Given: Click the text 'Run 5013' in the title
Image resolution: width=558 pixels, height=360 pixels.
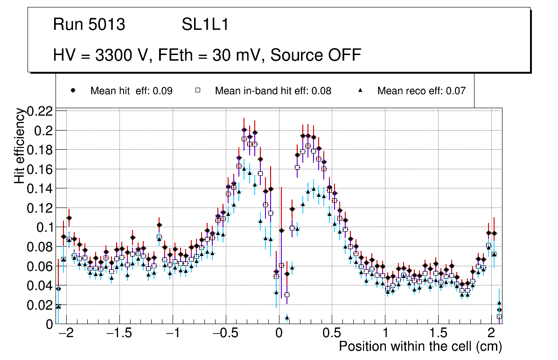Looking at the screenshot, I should point(89,25).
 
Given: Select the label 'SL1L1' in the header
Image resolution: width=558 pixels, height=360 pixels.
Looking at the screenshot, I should point(205,25).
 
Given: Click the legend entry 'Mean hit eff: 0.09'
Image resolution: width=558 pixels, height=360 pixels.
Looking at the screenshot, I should point(131,91).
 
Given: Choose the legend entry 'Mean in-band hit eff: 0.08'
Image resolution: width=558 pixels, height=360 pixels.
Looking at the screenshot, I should point(273,91).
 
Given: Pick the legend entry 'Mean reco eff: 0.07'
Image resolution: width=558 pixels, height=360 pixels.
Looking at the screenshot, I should point(421,91).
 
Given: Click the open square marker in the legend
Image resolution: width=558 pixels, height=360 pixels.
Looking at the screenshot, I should point(198,91).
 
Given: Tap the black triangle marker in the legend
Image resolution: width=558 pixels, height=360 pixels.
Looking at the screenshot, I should point(361,90).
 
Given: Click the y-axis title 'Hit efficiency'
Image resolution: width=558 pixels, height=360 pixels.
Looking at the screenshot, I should point(20,145).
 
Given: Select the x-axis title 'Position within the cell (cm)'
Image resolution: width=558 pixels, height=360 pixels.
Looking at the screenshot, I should point(420,346).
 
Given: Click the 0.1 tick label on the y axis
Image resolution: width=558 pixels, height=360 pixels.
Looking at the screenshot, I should point(45,227).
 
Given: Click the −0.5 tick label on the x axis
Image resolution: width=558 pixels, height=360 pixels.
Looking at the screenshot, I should point(225,334).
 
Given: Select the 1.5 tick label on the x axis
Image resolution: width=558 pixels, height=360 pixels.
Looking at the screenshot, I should point(438,334).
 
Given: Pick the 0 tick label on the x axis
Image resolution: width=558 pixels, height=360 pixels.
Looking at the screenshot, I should point(279,334).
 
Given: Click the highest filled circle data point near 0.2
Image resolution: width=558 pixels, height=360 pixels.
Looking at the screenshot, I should point(244,130).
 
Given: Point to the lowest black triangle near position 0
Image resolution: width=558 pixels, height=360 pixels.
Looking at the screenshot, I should point(287,318).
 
